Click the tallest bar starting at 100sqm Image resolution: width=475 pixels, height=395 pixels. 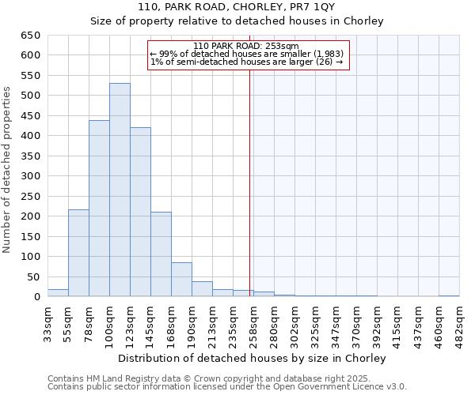(120, 190)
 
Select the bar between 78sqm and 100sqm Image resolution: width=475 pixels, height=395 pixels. (99, 209)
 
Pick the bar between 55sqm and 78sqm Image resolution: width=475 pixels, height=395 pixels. (78, 253)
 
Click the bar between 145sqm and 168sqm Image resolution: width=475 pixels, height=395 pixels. (161, 254)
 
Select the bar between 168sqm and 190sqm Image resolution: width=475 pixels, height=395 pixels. (181, 280)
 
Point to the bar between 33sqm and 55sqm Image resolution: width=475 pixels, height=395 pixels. (58, 292)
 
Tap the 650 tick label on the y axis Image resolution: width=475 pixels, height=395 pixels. (30, 36)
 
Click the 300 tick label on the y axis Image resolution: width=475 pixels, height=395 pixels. (30, 176)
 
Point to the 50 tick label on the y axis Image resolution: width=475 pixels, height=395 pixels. (33, 276)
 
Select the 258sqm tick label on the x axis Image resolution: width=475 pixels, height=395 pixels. (253, 324)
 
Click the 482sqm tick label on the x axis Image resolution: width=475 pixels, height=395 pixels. (459, 324)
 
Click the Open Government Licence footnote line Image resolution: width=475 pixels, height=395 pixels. (227, 386)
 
